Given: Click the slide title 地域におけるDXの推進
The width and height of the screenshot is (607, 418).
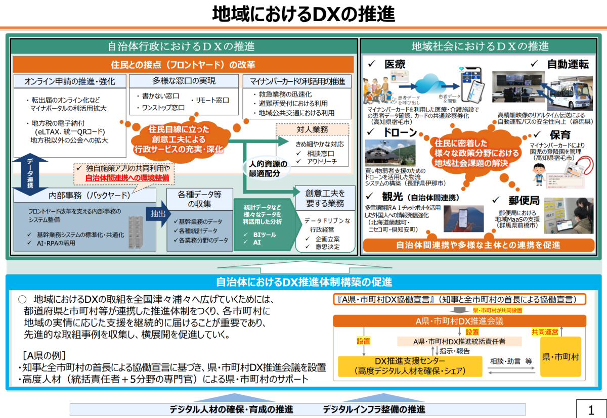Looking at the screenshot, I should coord(303,14).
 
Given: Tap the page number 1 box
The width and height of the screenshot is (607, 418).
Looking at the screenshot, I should coord(590,409).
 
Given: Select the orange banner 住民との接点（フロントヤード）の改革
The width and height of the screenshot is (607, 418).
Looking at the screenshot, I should coord(183,64).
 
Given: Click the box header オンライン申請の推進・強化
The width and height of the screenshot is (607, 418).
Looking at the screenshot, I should coord(70,81).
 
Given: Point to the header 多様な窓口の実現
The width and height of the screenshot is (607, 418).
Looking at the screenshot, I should coord(184,81).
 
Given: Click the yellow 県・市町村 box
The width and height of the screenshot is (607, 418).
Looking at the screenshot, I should coord(560,357).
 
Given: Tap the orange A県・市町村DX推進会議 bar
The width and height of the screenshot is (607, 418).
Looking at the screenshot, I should coord(459,320).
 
